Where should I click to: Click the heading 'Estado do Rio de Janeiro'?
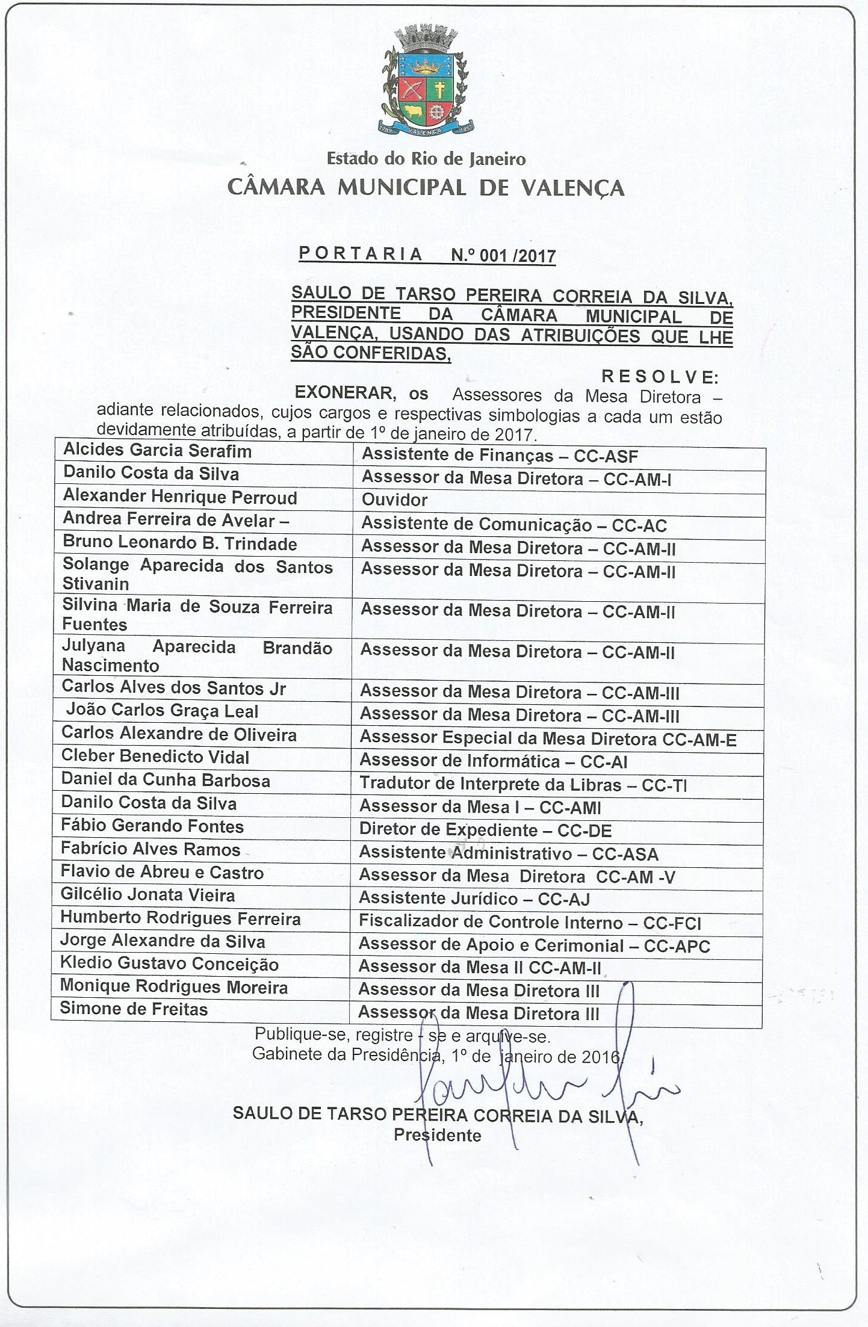(x=426, y=159)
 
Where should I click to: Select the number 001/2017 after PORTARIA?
(x=504, y=256)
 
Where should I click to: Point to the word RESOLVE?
(x=660, y=377)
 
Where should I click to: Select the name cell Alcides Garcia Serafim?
(x=157, y=451)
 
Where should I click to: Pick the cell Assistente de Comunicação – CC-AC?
(x=514, y=525)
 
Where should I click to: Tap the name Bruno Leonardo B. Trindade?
(x=180, y=543)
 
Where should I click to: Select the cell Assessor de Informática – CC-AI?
(x=494, y=762)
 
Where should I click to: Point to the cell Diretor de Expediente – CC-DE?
(x=485, y=831)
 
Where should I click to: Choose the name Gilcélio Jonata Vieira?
(x=147, y=895)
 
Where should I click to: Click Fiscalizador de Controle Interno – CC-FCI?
(x=530, y=922)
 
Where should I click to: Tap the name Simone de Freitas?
(x=134, y=1009)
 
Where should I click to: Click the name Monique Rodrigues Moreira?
(x=174, y=987)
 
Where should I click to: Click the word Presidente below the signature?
(x=438, y=1136)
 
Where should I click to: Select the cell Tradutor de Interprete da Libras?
(x=523, y=785)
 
